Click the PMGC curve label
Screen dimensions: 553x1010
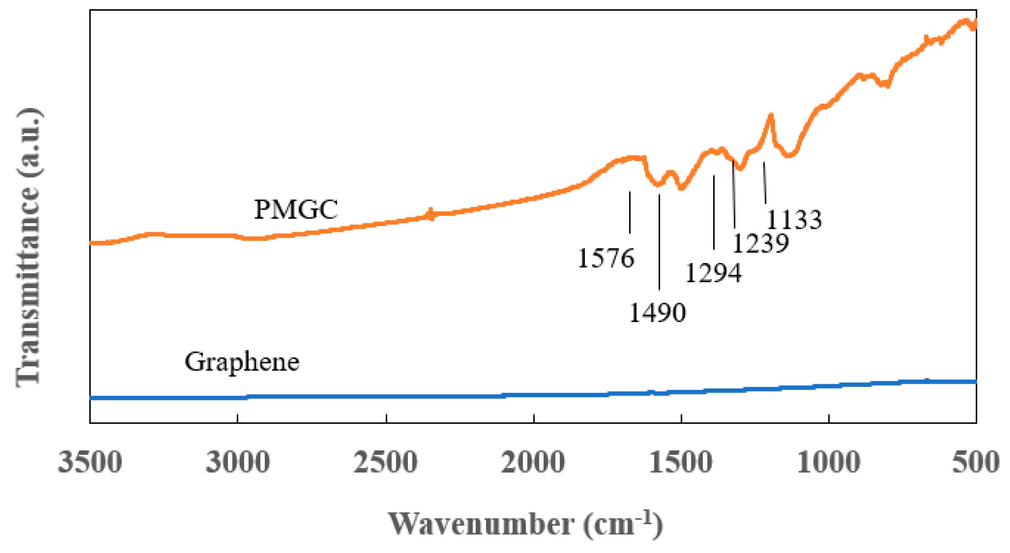tap(296, 209)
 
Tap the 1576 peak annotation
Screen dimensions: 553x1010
tap(606, 258)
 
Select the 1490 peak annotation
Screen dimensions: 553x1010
tap(657, 313)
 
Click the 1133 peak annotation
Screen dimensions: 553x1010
tap(794, 220)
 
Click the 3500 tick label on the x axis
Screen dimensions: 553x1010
tap(90, 462)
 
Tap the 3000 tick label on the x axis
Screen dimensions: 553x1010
tap(237, 462)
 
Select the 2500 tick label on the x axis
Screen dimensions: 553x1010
tap(385, 462)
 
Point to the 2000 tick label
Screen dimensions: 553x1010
tap(533, 462)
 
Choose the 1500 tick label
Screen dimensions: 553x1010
tap(681, 462)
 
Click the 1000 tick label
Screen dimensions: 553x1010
tap(829, 462)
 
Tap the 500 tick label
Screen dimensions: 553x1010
tap(975, 462)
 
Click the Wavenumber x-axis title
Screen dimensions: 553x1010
tap(525, 524)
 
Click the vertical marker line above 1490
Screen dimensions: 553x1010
tap(659, 241)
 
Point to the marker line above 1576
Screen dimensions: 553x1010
tap(630, 212)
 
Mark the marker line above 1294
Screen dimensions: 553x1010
tap(714, 212)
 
